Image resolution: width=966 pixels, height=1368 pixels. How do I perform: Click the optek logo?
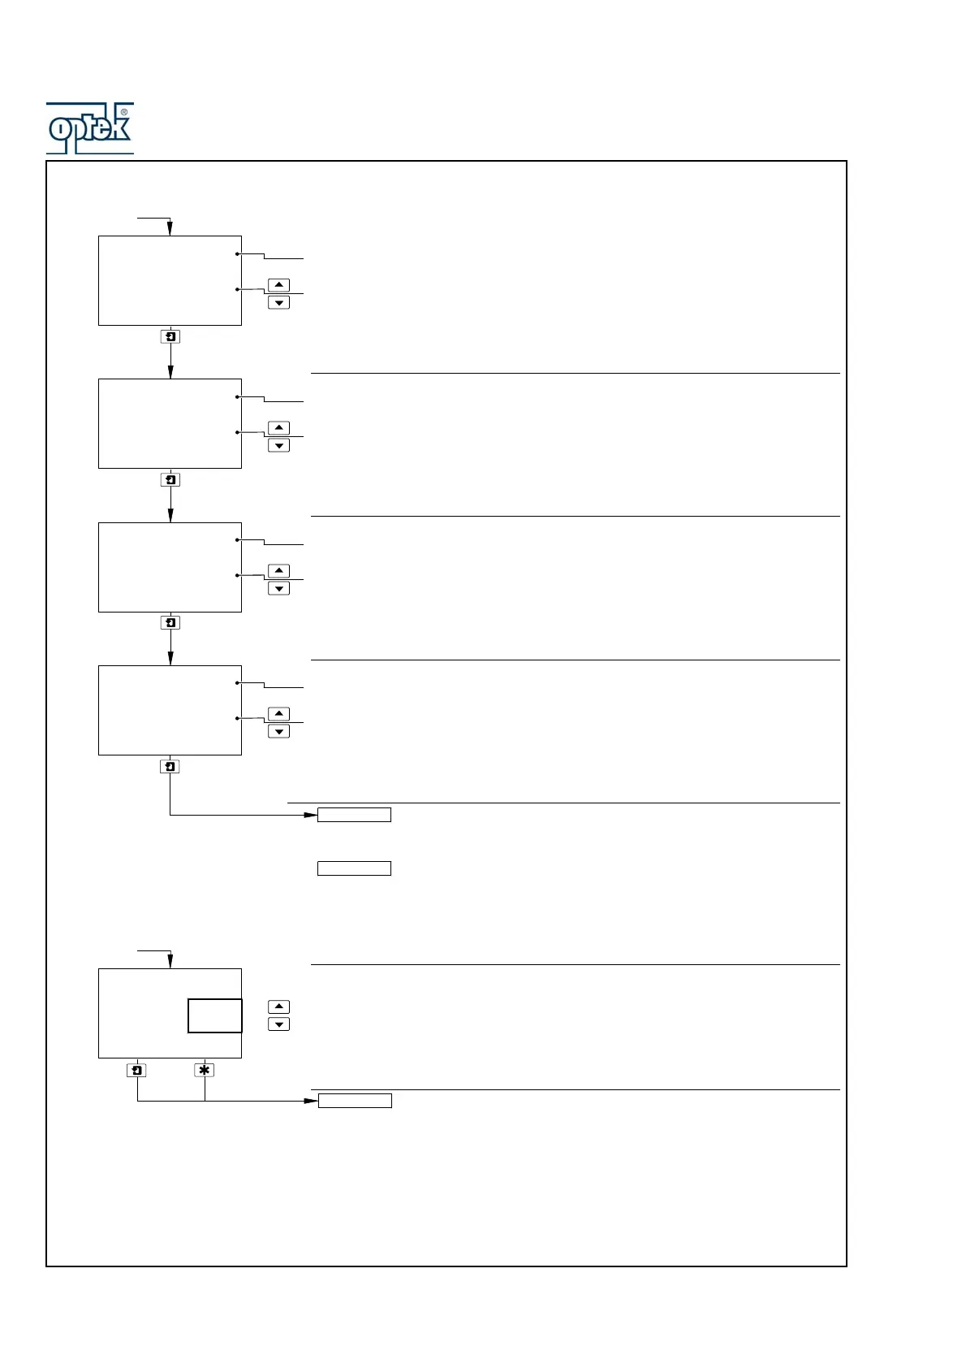89,128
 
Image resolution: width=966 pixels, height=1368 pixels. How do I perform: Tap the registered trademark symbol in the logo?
123,112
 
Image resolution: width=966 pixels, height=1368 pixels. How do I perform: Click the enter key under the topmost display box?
170,336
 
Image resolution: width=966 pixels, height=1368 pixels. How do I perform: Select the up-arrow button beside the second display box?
278,428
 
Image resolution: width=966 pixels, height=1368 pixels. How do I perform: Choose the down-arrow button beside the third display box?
278,588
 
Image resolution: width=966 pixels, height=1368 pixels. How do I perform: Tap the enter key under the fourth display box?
170,766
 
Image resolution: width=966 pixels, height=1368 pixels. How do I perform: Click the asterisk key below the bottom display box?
205,1071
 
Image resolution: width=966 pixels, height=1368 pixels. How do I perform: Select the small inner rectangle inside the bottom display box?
215,1015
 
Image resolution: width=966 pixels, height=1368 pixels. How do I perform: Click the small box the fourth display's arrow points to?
354,815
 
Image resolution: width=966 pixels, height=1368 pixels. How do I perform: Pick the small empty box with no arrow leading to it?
354,868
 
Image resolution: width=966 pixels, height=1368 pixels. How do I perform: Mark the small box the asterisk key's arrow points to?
355,1101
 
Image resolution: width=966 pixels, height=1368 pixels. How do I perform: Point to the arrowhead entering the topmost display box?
170,229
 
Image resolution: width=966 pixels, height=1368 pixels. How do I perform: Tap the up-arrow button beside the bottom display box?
278,1007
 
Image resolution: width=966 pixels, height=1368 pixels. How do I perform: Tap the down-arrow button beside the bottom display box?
278,1024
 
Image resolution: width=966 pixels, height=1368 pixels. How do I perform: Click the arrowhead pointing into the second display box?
170,372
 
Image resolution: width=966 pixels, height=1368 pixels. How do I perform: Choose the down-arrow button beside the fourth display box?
278,731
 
